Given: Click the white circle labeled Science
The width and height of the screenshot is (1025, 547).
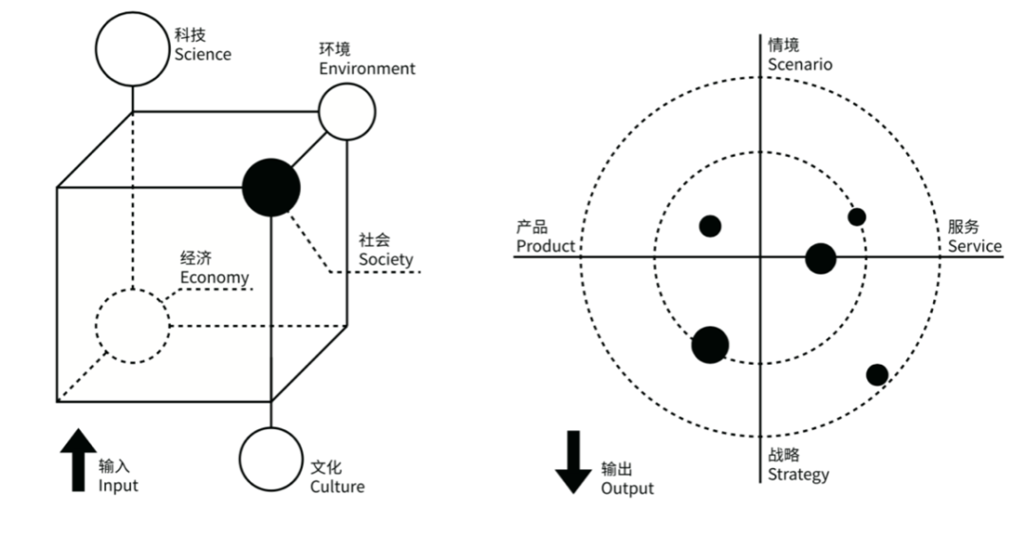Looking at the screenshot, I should (133, 47).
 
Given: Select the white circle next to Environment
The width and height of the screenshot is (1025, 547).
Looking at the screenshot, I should (348, 112).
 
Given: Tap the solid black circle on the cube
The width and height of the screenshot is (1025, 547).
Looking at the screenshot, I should (271, 187).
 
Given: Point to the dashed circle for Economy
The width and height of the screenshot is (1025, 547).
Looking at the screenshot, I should (132, 326).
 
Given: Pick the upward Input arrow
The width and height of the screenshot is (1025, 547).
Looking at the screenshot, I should (78, 460).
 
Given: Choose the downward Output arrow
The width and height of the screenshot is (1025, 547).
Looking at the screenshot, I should (573, 462).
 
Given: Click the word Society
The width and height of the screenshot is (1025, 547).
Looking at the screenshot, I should (386, 259).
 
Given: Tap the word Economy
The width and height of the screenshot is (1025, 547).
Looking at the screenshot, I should (214, 277).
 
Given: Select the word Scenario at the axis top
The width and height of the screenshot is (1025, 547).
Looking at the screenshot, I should (800, 65).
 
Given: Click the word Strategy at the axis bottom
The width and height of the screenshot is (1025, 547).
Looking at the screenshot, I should (798, 474).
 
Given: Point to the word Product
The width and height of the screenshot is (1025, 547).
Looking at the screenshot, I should (545, 246).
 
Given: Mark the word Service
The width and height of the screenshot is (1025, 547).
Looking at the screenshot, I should (975, 246).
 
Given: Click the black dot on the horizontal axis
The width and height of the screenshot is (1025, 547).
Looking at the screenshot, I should (821, 258).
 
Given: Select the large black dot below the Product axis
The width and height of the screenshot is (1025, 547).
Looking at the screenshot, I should (709, 345).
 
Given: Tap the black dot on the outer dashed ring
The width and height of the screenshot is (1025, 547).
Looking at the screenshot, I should (877, 374).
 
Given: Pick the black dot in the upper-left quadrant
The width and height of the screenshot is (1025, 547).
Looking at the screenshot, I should (710, 226).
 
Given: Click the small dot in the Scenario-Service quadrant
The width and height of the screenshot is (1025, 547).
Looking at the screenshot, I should (857, 217).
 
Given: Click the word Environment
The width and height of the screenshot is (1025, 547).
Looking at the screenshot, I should (366, 68).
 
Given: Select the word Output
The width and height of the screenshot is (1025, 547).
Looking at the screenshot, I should (627, 488).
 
